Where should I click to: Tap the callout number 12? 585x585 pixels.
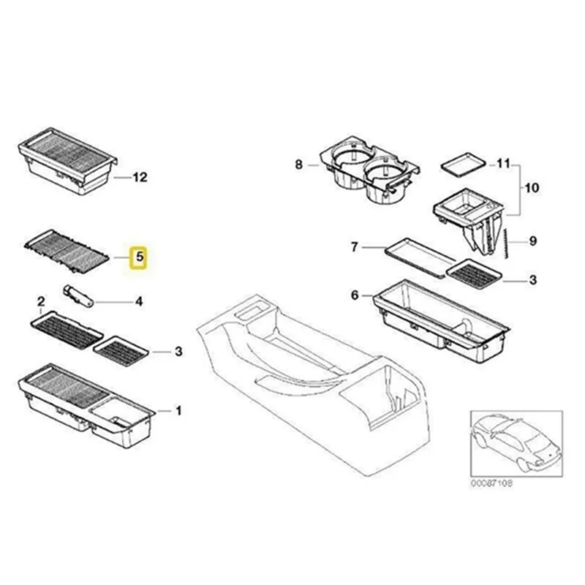pos(140,177)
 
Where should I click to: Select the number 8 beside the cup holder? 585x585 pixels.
pos(298,165)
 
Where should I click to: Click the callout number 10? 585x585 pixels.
pos(531,188)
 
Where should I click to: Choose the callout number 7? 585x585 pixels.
pos(354,247)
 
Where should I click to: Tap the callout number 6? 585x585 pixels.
pos(355,295)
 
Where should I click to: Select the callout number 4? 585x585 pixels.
pos(138,301)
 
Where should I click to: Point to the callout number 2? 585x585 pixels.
pos(42,302)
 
